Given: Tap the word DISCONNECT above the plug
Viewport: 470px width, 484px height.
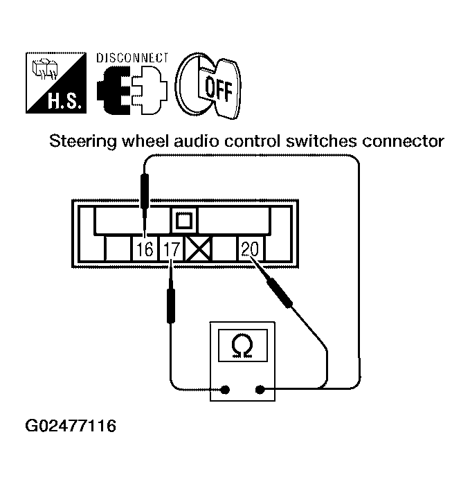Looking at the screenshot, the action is [131, 57].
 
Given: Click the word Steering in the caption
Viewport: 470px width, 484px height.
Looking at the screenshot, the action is [78, 143].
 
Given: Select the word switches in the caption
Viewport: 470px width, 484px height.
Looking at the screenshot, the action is [319, 143].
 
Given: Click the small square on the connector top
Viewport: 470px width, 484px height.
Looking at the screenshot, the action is [184, 222].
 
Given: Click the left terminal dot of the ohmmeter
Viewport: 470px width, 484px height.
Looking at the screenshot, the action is [226, 391].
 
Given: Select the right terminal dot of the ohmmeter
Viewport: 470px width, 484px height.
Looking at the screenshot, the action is [261, 391].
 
